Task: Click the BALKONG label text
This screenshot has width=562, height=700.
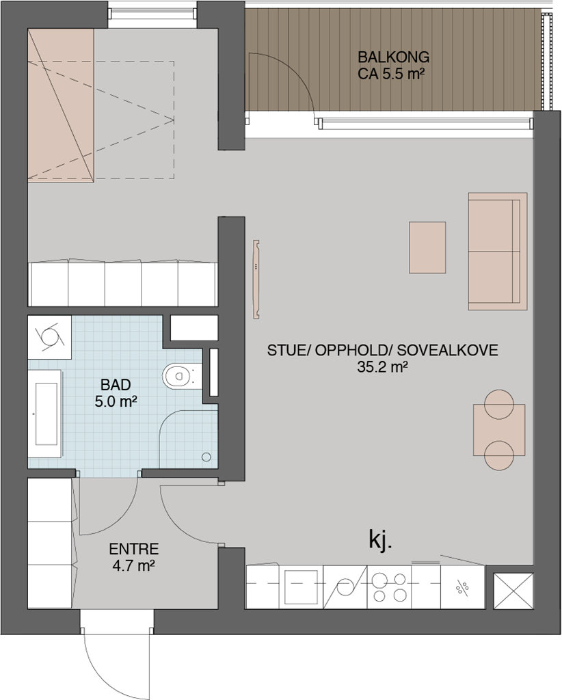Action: click(x=393, y=57)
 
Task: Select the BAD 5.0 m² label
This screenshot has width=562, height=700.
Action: click(x=116, y=393)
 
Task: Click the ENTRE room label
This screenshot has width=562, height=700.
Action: click(x=134, y=549)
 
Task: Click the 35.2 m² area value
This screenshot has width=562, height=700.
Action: click(x=382, y=367)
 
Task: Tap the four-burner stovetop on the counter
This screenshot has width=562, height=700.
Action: click(x=390, y=587)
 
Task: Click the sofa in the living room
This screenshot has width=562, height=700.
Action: click(x=498, y=252)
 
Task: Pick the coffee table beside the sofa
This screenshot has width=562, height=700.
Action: click(x=427, y=247)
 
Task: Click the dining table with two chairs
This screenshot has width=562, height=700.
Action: click(x=499, y=430)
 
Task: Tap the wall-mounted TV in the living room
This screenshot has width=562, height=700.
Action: click(x=256, y=280)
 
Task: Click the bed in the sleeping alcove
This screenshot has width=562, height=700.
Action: click(x=61, y=106)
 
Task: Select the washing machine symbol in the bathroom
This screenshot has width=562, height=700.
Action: click(x=49, y=337)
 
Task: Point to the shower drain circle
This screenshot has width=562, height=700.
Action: click(x=206, y=457)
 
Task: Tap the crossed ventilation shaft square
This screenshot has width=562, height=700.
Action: click(x=513, y=591)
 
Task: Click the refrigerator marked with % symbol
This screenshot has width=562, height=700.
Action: click(x=462, y=587)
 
